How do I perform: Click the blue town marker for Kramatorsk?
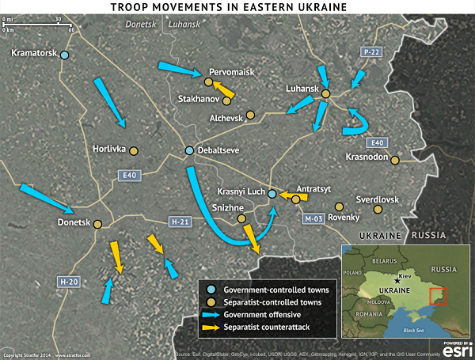[65, 55]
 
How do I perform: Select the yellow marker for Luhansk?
[325, 94]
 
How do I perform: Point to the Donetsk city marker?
[98, 224]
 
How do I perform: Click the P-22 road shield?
[372, 52]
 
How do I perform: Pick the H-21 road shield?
[180, 222]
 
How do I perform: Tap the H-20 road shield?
[70, 281]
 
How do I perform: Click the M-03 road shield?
[316, 218]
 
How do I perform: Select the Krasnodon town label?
[369, 157]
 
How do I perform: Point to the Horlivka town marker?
[134, 150]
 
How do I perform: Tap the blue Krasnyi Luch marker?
[272, 193]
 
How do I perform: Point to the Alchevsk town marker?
[249, 115]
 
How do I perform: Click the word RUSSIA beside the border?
[431, 236]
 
